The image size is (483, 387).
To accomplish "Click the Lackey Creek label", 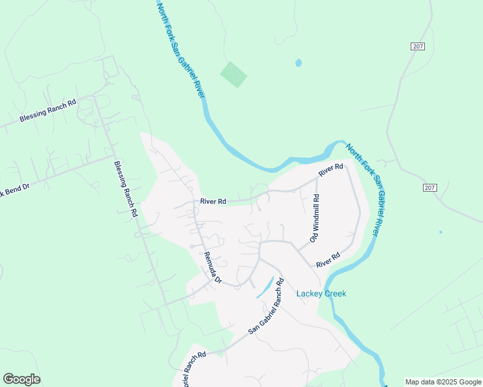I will point(321,294).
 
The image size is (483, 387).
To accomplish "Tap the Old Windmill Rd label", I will point(315,218).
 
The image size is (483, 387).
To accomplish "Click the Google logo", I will point(21,379).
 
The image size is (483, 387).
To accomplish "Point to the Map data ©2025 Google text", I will point(443,382).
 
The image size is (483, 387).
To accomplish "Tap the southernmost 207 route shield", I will point(431,188).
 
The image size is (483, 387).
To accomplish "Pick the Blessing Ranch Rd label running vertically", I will point(126,188).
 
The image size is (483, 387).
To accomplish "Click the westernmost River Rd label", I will point(213,201).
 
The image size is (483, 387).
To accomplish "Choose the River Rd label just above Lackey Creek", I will point(328,260).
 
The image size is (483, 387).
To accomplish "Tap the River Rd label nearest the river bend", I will point(331,170).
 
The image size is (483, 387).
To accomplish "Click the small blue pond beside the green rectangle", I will point(298,63).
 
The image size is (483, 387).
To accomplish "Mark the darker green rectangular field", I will point(233,75).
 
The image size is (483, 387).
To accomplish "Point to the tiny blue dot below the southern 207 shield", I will point(440,232).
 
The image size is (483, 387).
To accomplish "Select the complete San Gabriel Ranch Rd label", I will point(267,306).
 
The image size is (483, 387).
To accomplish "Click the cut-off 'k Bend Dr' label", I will point(15,192).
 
